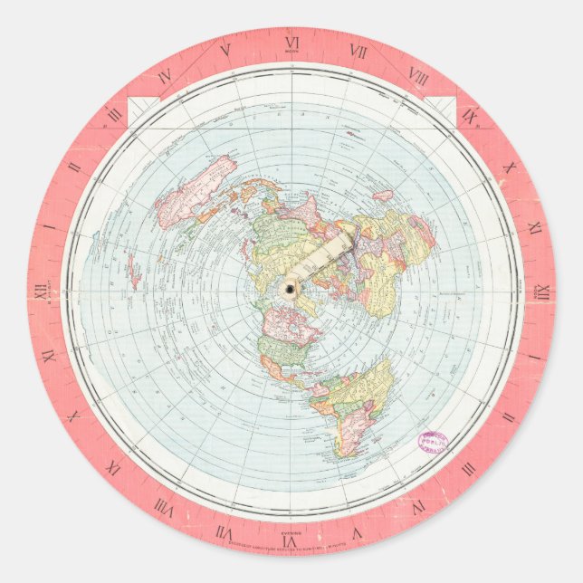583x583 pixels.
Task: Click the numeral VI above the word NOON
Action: pyautogui.click(x=291, y=42)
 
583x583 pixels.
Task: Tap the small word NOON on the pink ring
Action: pyautogui.click(x=291, y=53)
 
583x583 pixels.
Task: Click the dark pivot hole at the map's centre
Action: pyautogui.click(x=291, y=289)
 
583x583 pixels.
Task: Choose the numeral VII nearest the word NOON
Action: pyautogui.click(x=359, y=53)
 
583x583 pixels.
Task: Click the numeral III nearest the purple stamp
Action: pyautogui.click(x=468, y=468)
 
